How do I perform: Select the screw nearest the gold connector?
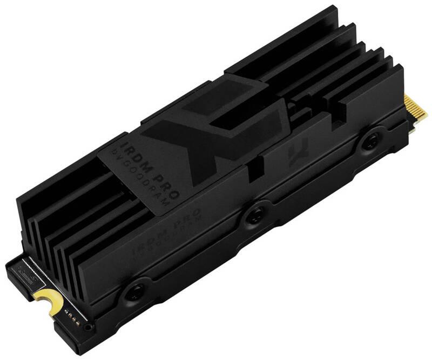370,142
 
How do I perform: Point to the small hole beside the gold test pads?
87,326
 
